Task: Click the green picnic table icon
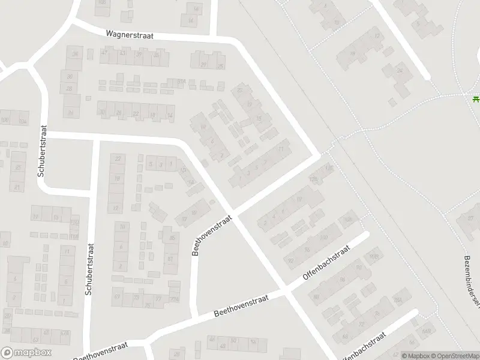(x=476, y=99)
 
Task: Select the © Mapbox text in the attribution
(x=416, y=355)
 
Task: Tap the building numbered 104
(x=23, y=121)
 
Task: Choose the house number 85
(x=172, y=238)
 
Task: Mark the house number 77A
(x=175, y=299)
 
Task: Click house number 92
(x=291, y=260)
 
